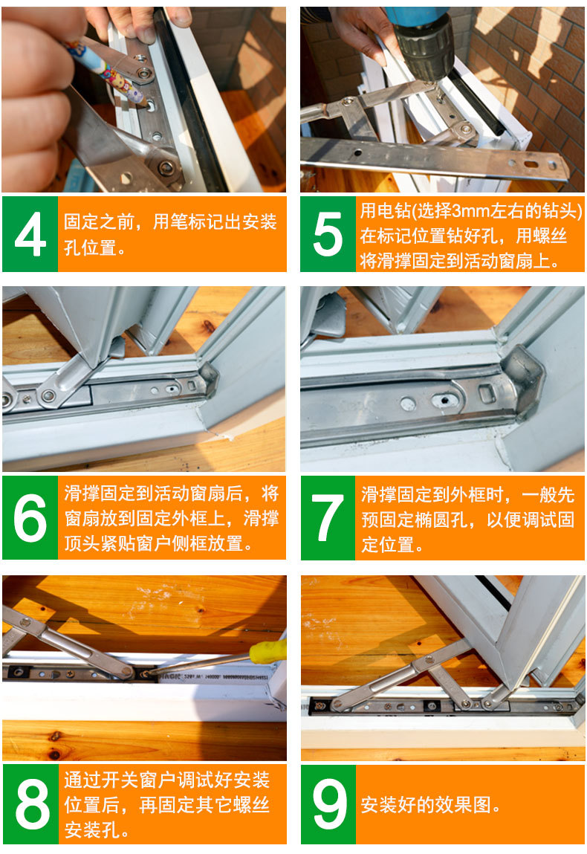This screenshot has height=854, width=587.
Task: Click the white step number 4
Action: point(30,233)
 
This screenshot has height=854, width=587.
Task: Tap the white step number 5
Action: point(328,233)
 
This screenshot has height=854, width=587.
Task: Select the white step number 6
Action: point(30,518)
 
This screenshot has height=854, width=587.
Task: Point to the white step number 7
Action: point(328,518)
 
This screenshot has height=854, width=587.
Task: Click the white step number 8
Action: point(32,804)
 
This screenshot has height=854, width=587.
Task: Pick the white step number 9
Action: point(329,804)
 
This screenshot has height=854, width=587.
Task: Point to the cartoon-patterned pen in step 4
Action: point(103,71)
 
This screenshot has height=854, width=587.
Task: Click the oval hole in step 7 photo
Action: point(445,401)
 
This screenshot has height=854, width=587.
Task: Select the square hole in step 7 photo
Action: point(487,393)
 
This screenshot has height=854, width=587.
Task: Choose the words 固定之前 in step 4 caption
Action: point(99,221)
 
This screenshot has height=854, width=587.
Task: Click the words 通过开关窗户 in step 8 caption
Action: point(120,780)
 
